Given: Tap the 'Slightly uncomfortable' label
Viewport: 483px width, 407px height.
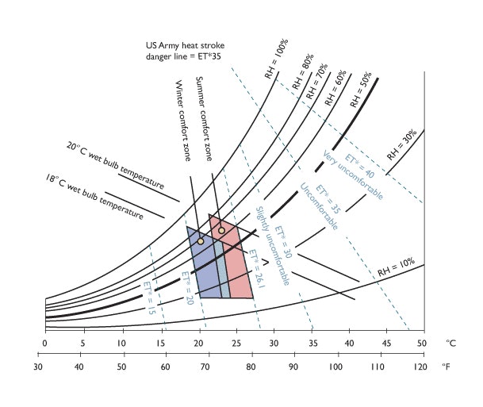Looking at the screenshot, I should pos(271,245).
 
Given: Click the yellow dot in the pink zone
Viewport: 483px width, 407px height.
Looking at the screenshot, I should pos(222,230).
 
